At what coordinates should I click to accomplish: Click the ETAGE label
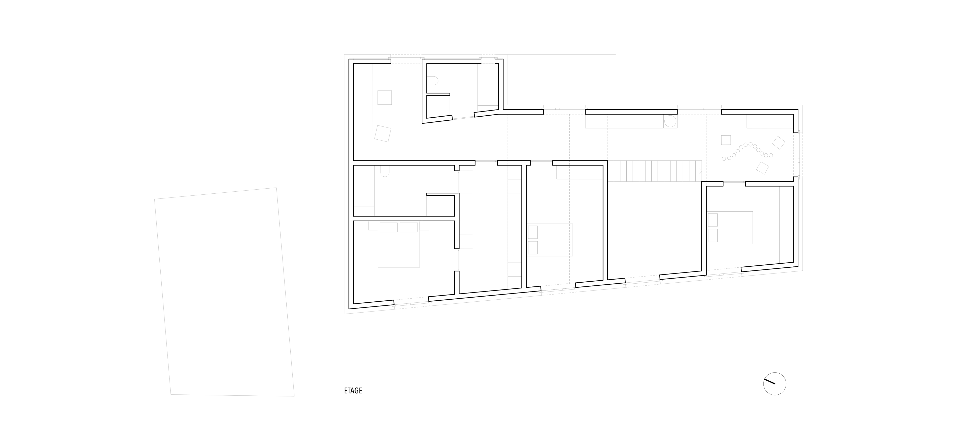coord(353,391)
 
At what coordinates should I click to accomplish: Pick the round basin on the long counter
coord(670,121)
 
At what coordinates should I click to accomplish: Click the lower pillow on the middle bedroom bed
coord(533,248)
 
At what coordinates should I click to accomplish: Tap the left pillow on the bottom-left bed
coord(389,227)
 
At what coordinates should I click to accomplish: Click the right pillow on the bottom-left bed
coord(409,227)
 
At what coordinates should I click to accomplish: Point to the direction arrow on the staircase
coord(700,171)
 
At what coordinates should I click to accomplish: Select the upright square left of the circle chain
coord(726,140)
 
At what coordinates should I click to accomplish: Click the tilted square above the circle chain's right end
coord(778,142)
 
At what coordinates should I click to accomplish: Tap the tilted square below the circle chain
coord(762,168)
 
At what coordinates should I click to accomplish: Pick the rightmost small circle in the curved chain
coord(771,155)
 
